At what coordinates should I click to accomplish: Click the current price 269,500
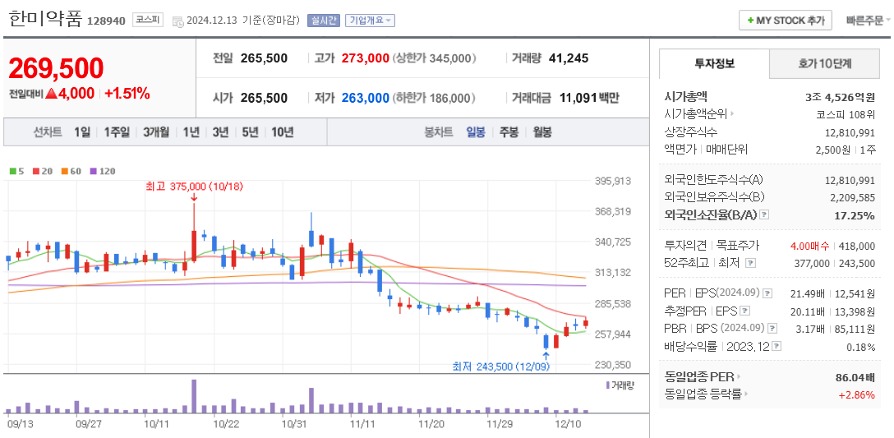[x=57, y=69]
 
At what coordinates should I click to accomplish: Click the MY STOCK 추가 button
[x=786, y=21]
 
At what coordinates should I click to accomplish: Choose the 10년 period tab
[x=282, y=131]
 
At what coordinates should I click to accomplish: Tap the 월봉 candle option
[x=541, y=131]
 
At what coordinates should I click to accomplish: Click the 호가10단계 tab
[x=824, y=63]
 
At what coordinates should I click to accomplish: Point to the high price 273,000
[x=365, y=58]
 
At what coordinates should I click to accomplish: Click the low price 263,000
[x=365, y=98]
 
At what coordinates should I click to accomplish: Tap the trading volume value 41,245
[x=569, y=58]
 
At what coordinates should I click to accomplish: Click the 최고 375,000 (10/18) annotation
[x=194, y=187]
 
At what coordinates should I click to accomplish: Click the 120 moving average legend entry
[x=104, y=171]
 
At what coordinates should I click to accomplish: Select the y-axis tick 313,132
[x=613, y=273]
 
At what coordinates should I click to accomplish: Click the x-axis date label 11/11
[x=362, y=424]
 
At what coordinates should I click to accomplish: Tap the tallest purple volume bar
[x=194, y=396]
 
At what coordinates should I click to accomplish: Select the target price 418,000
[x=857, y=245]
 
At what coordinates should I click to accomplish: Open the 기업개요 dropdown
[x=370, y=21]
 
